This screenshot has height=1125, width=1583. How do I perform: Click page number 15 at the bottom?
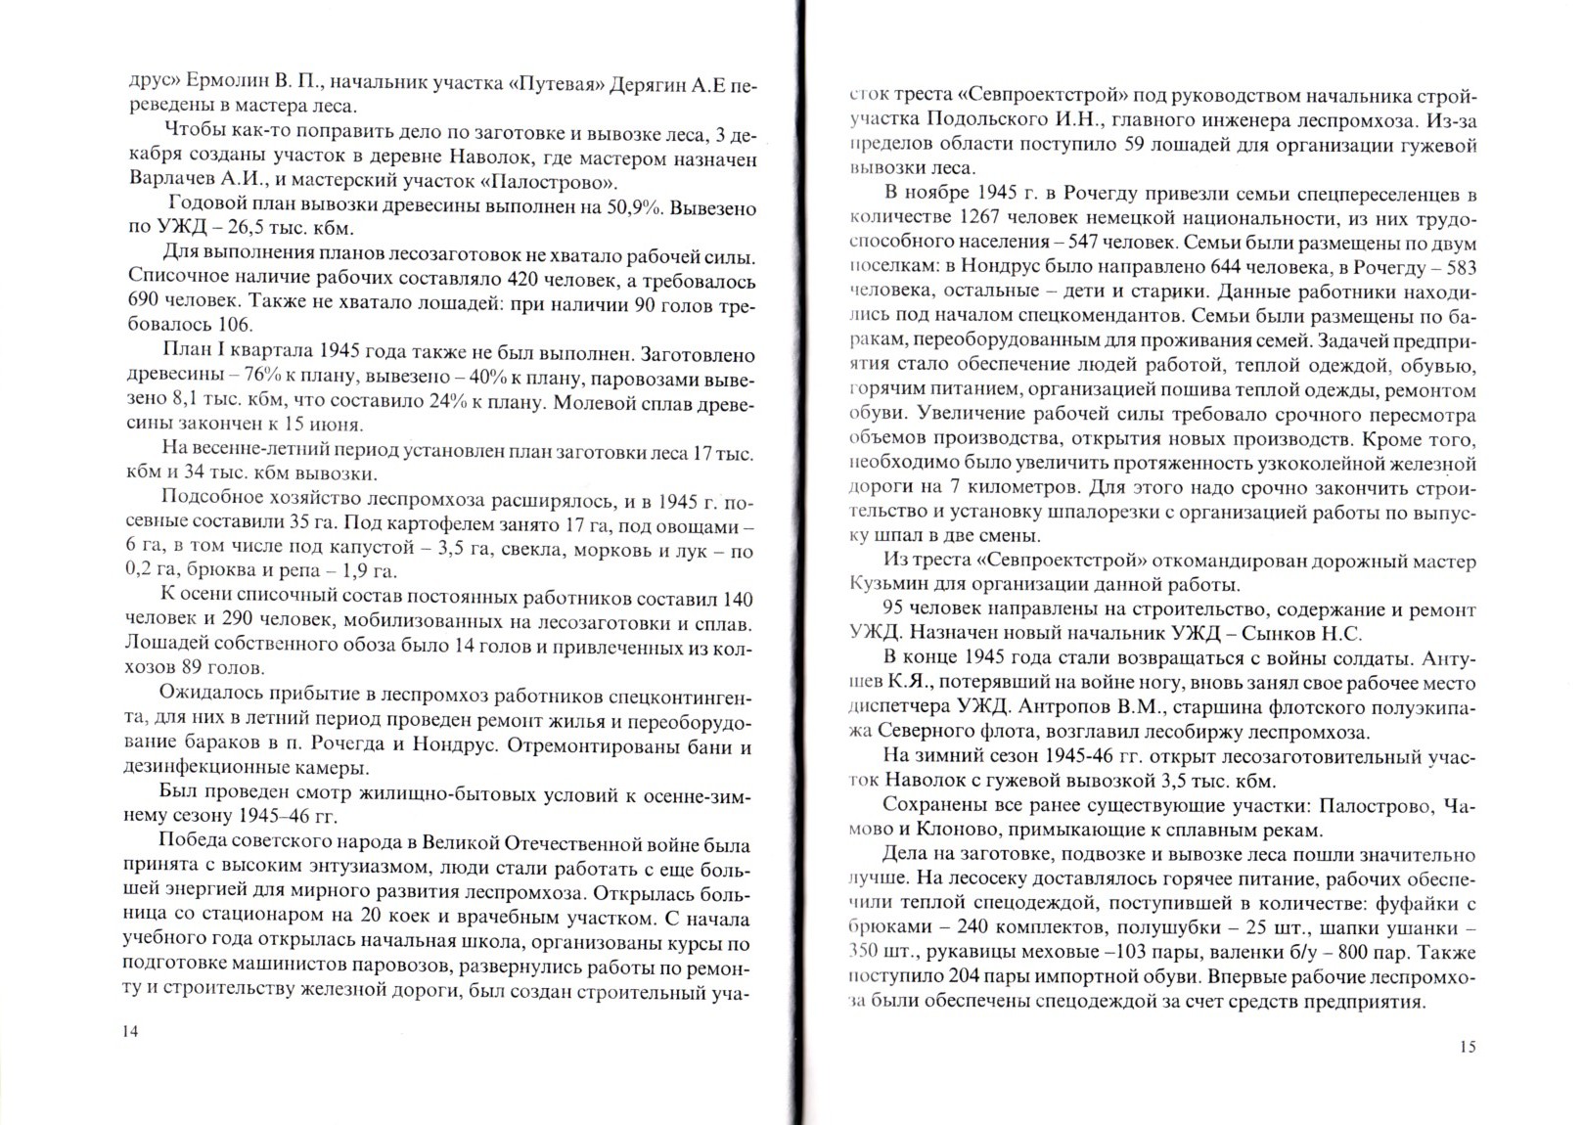click(x=1467, y=1047)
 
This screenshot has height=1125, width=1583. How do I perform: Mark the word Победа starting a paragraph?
click(x=189, y=846)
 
